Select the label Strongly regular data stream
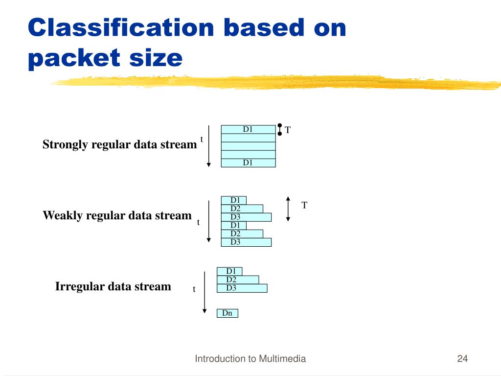(x=119, y=144)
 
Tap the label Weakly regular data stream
(x=117, y=215)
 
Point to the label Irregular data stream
(x=113, y=286)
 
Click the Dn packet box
(x=228, y=313)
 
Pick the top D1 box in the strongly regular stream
(x=248, y=130)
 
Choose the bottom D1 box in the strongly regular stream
(x=248, y=163)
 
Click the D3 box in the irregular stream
(x=242, y=288)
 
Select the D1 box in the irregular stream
(x=229, y=271)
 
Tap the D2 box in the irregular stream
(x=238, y=280)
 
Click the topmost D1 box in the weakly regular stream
(x=234, y=200)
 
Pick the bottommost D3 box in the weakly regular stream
(x=246, y=242)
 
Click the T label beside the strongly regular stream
(x=288, y=130)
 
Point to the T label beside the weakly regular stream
(x=304, y=205)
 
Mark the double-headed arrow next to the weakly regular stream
(x=288, y=209)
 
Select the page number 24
(x=462, y=359)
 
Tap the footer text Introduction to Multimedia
(x=250, y=359)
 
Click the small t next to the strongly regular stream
(x=202, y=140)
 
